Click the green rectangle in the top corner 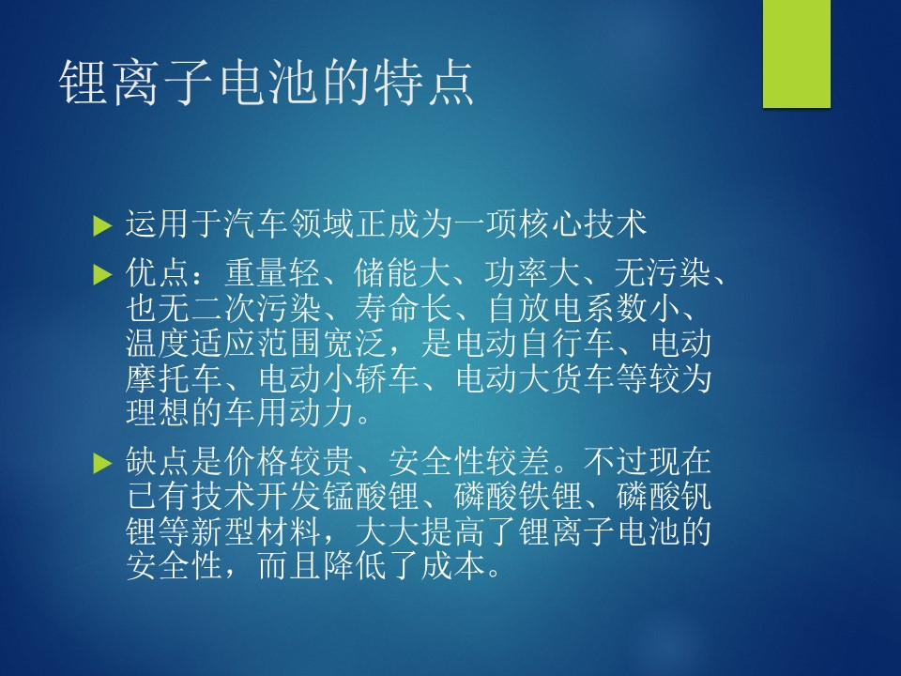(x=797, y=54)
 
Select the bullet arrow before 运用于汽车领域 (x=101, y=225)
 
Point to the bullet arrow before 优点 (x=101, y=275)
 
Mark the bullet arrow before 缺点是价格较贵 (x=101, y=463)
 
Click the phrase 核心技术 (x=582, y=223)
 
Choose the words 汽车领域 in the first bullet (x=289, y=223)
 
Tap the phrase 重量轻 (x=272, y=273)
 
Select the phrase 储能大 (x=403, y=273)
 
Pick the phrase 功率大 (x=532, y=273)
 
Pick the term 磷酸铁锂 (x=518, y=497)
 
